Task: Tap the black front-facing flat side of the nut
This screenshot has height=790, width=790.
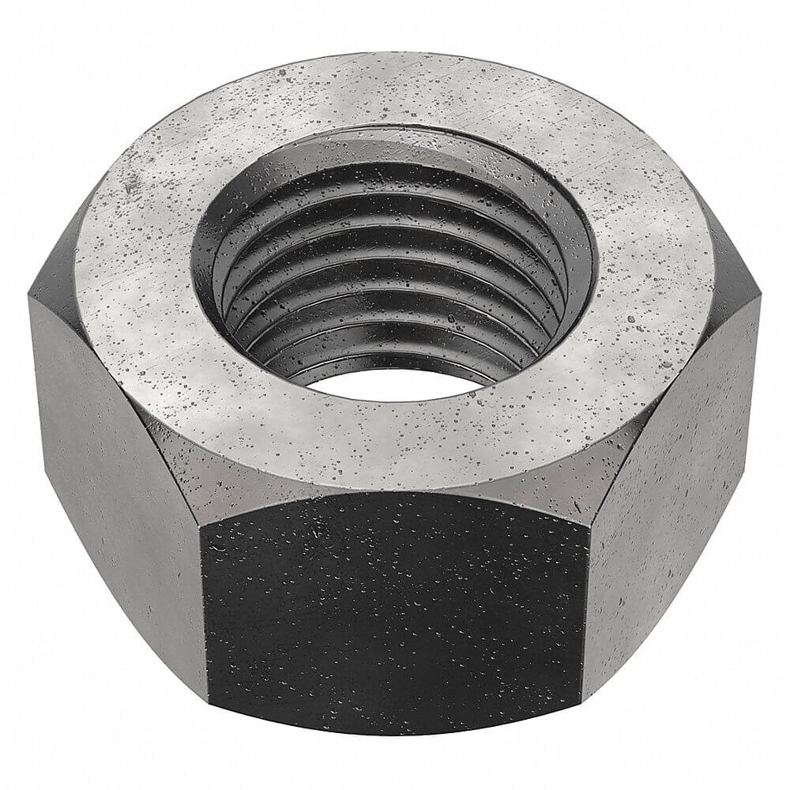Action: coord(393,616)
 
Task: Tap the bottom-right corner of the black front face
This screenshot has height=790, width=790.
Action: coord(582,701)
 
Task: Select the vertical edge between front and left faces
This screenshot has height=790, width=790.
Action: coord(204,616)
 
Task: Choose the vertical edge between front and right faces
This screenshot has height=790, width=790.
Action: coord(585,616)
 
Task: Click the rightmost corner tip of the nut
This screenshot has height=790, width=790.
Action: coord(759,300)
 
